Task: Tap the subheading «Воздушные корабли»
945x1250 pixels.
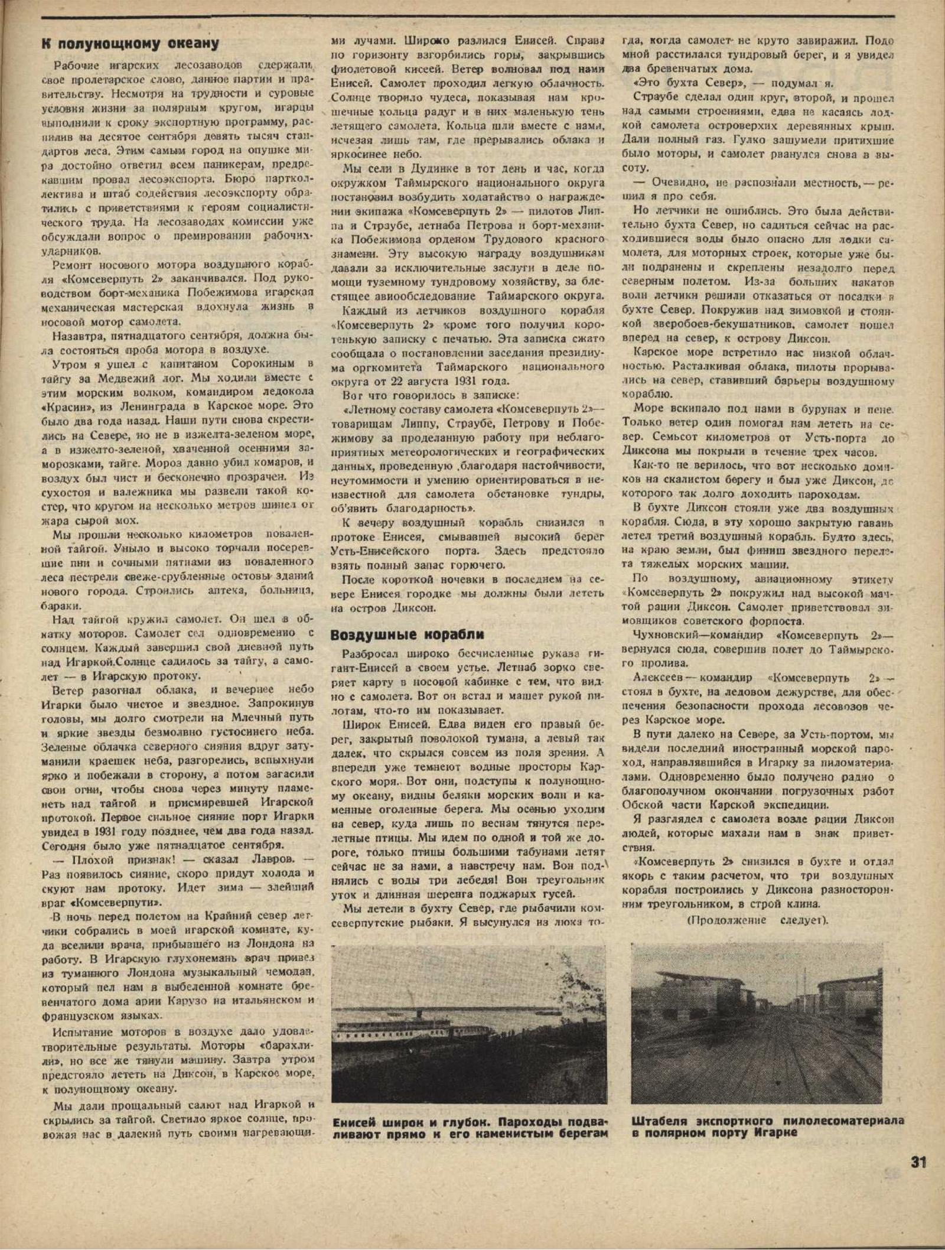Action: click(408, 635)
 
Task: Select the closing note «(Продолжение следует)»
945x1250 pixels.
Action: click(758, 920)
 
